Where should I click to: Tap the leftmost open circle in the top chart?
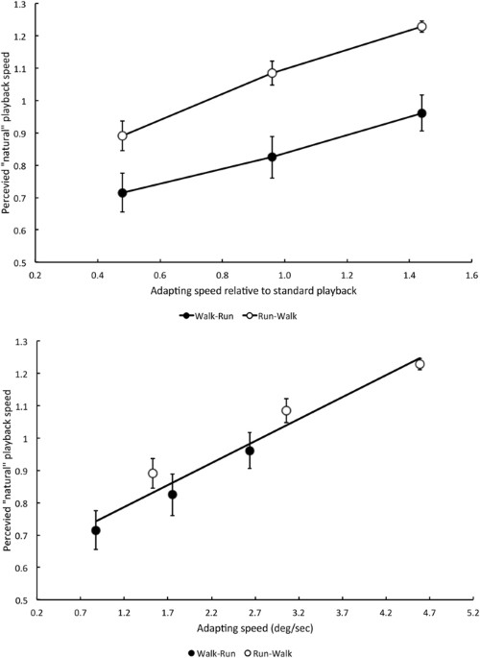click(122, 135)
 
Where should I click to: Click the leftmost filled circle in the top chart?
click(122, 193)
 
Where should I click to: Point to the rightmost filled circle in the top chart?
click(421, 113)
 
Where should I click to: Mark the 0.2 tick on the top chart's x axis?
click(36, 273)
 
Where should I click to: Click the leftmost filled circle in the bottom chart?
click(95, 530)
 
